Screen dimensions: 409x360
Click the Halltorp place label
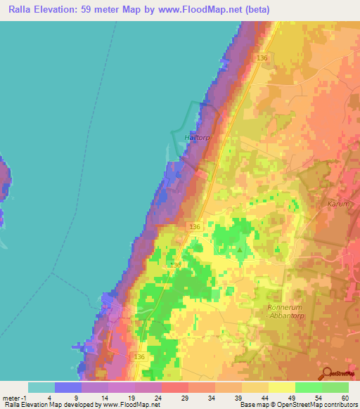click(x=198, y=138)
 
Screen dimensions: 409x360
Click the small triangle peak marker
click(x=240, y=249)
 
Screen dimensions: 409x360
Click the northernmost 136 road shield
click(x=263, y=58)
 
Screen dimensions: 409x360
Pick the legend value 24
click(x=148, y=397)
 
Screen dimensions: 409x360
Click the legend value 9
click(x=68, y=397)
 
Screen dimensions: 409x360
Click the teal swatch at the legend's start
click(x=41, y=387)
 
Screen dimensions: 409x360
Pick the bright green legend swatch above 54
click(x=308, y=387)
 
